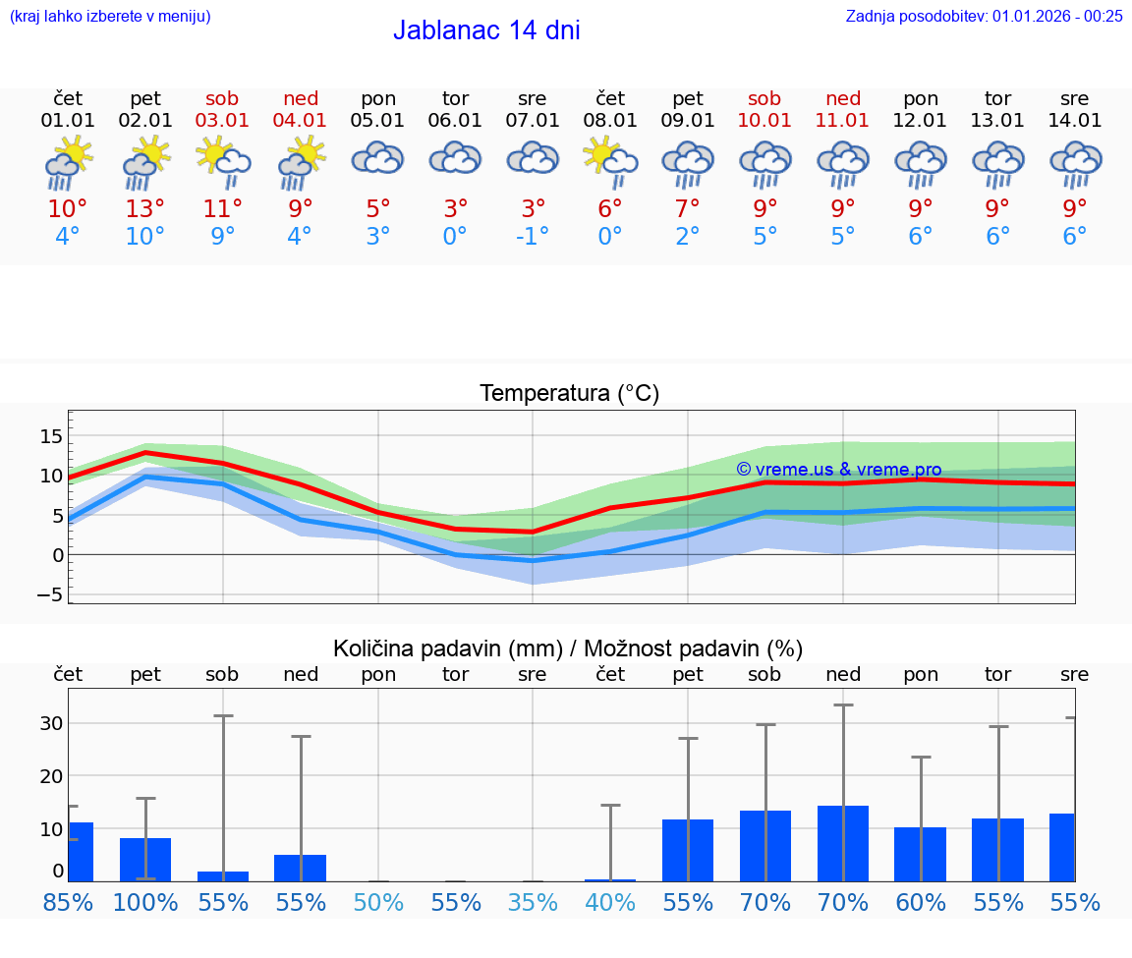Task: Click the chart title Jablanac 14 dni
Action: pyautogui.click(x=486, y=30)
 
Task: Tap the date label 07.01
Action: pyautogui.click(x=533, y=121)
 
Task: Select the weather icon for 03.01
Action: pyautogui.click(x=223, y=162)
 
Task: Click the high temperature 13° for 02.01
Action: pyautogui.click(x=145, y=208)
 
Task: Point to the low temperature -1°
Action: pyautogui.click(x=533, y=237)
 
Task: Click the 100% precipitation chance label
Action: pyautogui.click(x=145, y=902)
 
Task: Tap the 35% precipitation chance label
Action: pyautogui.click(x=533, y=902)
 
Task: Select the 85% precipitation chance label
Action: pyautogui.click(x=68, y=902)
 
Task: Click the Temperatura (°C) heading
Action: pyautogui.click(x=569, y=394)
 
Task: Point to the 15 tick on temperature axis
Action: pyautogui.click(x=52, y=435)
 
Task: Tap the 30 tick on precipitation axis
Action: pyautogui.click(x=52, y=723)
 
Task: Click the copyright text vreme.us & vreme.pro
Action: pyautogui.click(x=839, y=470)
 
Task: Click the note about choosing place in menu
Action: pyautogui.click(x=110, y=16)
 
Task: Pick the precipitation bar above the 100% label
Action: pyautogui.click(x=145, y=860)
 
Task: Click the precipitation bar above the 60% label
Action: pyautogui.click(x=920, y=854)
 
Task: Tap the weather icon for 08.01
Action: pyautogui.click(x=610, y=162)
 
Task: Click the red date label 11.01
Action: pyautogui.click(x=843, y=121)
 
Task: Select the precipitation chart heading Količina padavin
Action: pyautogui.click(x=568, y=648)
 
